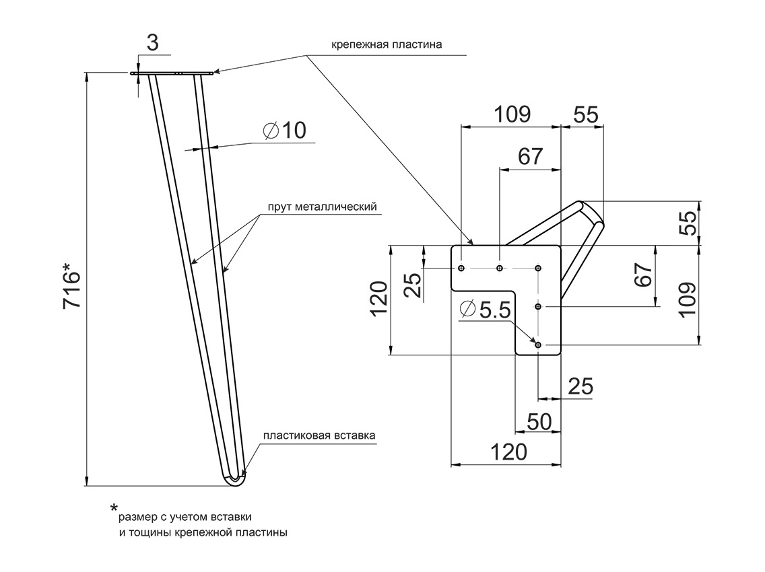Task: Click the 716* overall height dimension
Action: point(72,289)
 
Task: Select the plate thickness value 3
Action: point(152,43)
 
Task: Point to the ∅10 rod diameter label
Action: point(284,131)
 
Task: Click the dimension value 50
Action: point(539,421)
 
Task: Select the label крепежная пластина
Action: point(386,45)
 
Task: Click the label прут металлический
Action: point(321,207)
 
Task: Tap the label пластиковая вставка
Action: point(319,435)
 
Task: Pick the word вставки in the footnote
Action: point(231,517)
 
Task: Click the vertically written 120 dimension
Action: point(380,299)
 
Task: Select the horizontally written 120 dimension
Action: point(508,452)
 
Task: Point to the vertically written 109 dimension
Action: point(688,299)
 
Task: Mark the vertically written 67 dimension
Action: point(644,275)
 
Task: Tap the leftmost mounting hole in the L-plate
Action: point(461,269)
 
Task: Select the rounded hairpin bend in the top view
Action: point(592,214)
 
